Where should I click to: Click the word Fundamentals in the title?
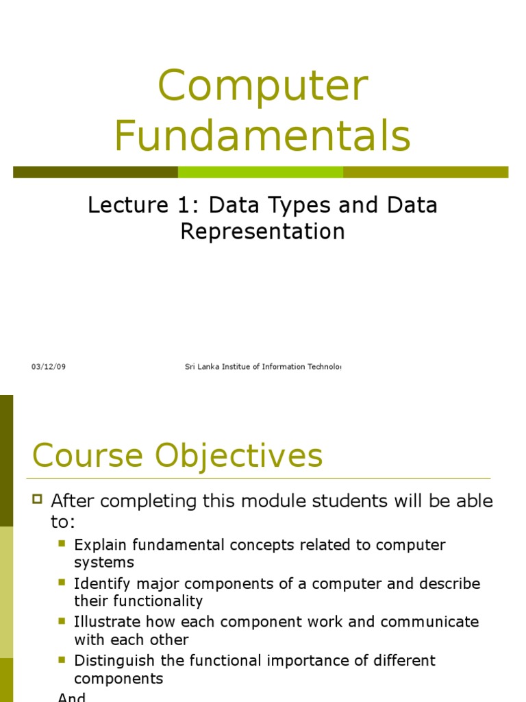(262, 136)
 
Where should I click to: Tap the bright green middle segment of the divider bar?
(260, 172)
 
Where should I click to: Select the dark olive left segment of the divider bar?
(95, 172)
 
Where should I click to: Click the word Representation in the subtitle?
(262, 232)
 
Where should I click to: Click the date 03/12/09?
(48, 367)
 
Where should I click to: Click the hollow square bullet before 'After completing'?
(38, 498)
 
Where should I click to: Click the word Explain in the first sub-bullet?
(101, 546)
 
